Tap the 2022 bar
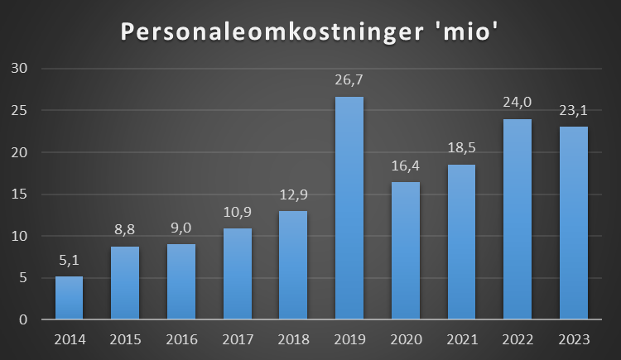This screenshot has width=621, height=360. (x=517, y=219)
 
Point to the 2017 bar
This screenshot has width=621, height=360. (x=238, y=274)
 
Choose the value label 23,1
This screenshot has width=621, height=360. (x=573, y=112)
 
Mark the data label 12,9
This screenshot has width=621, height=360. (x=293, y=197)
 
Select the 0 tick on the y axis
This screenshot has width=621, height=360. (x=24, y=320)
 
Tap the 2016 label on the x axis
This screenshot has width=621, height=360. (x=181, y=338)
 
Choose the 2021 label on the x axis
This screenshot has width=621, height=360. (x=461, y=338)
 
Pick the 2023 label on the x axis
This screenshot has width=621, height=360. (x=573, y=338)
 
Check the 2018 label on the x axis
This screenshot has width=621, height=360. (x=293, y=338)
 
